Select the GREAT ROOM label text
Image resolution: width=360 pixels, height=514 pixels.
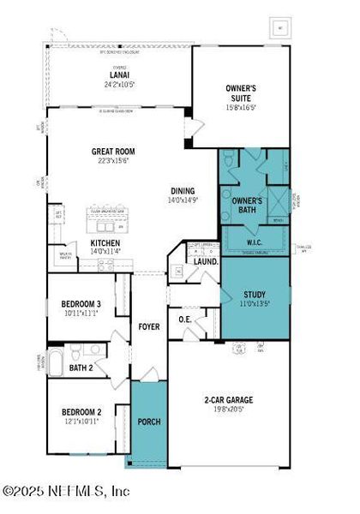pyautogui.click(x=114, y=152)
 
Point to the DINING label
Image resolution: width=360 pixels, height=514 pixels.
pyautogui.click(x=183, y=191)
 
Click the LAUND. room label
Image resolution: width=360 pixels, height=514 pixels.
pyautogui.click(x=207, y=260)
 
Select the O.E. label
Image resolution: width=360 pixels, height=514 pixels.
pyautogui.click(x=185, y=320)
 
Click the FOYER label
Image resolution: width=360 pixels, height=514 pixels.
pyautogui.click(x=149, y=326)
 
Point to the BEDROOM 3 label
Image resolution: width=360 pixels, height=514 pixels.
pyautogui.click(x=81, y=304)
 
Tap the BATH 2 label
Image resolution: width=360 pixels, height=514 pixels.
pyautogui.click(x=81, y=368)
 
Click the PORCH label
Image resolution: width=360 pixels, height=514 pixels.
pyautogui.click(x=149, y=422)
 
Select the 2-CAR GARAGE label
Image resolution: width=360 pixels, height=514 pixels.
pyautogui.click(x=228, y=399)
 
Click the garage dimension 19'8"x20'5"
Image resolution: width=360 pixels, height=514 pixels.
pyautogui.click(x=228, y=409)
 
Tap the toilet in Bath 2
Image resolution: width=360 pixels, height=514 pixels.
pyautogui.click(x=75, y=351)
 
